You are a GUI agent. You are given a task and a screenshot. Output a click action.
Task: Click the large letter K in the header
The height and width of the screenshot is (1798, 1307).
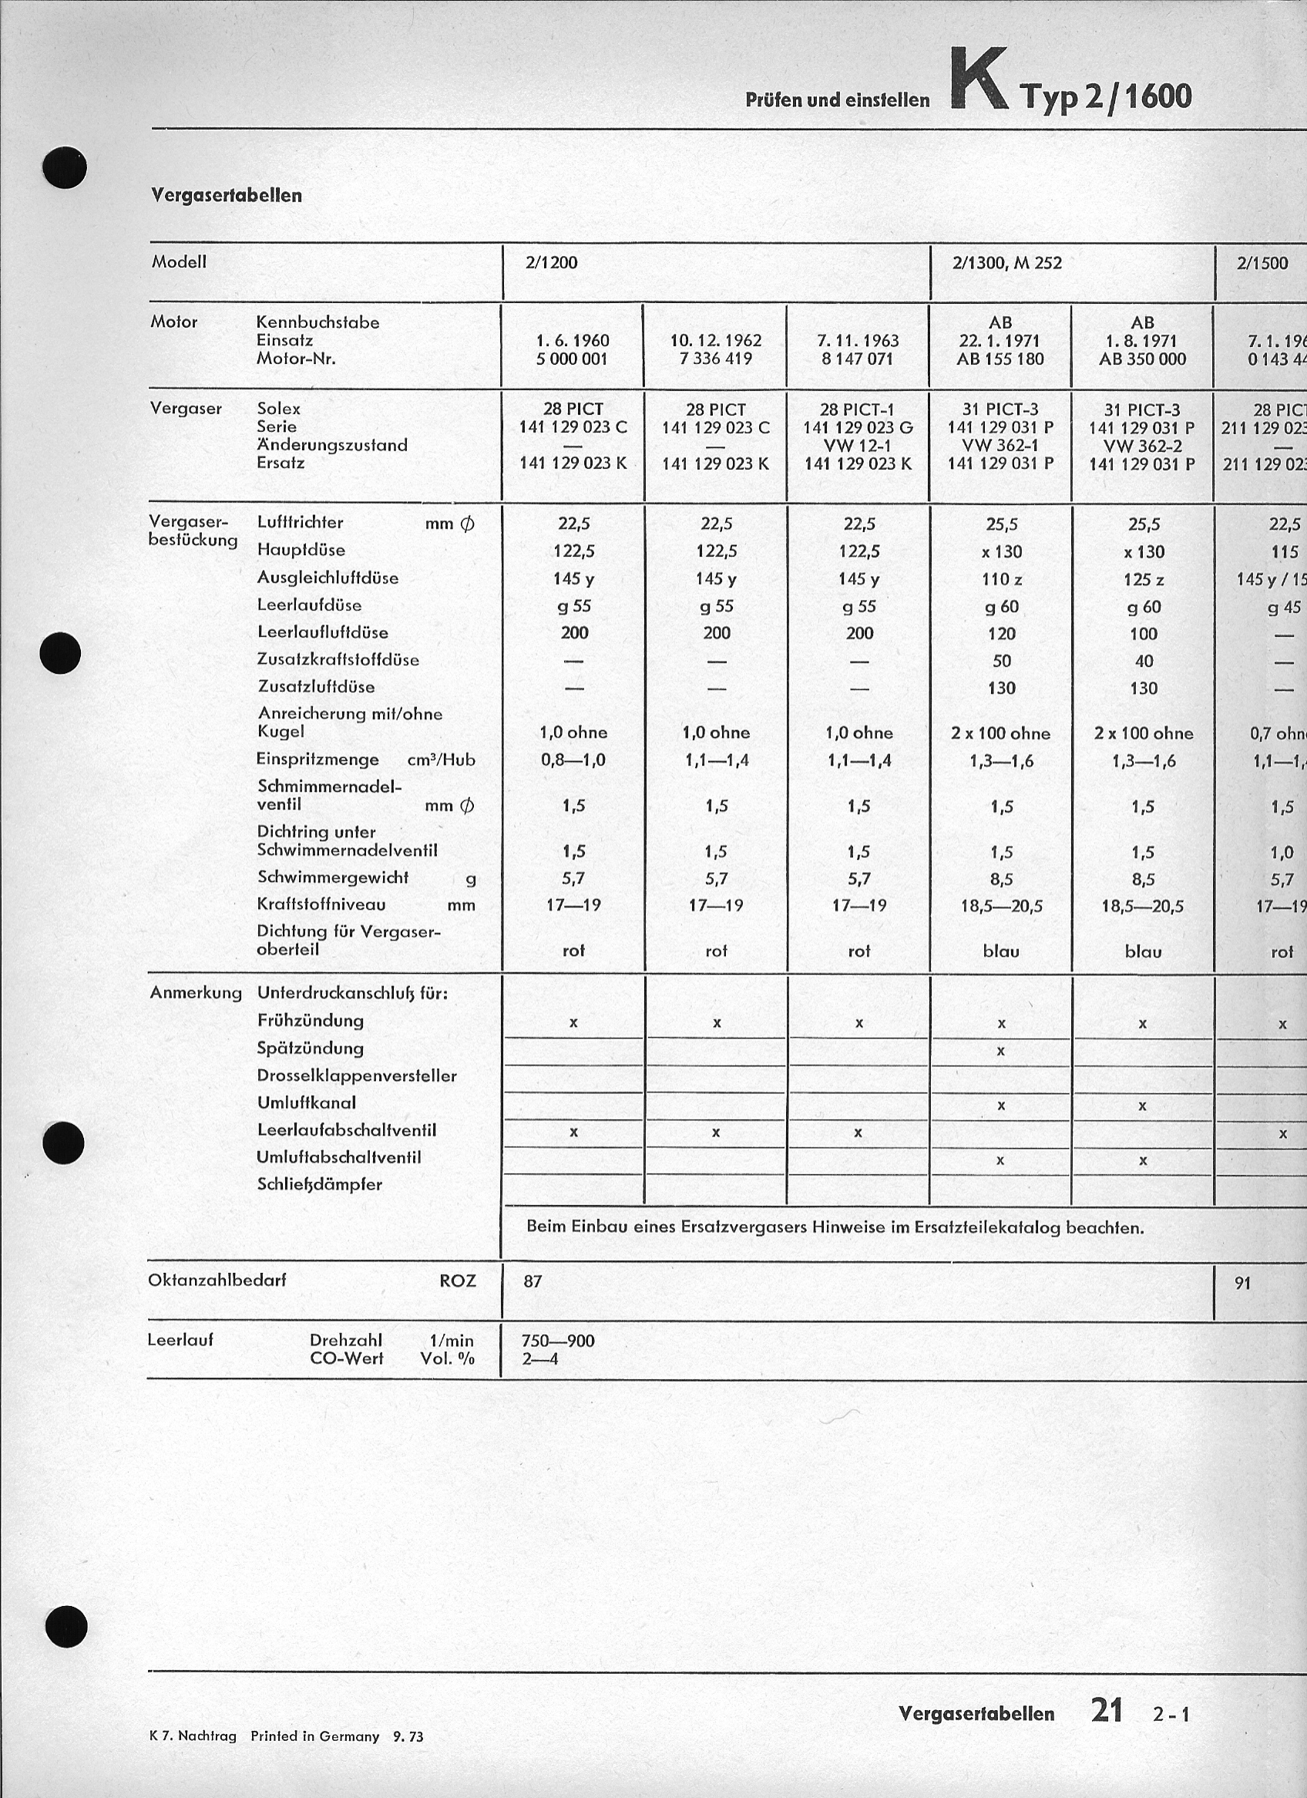click(x=978, y=80)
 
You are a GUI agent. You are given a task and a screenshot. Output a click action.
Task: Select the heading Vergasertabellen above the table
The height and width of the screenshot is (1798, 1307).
click(x=227, y=195)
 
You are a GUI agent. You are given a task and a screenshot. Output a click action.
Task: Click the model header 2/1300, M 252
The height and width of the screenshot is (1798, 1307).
click(x=1006, y=262)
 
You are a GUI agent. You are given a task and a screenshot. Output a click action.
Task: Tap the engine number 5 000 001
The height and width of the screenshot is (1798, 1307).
click(x=573, y=359)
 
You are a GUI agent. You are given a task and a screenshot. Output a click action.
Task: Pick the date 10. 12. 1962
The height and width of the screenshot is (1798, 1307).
click(x=715, y=341)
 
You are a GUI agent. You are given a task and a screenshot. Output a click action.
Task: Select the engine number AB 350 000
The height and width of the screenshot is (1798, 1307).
click(x=1142, y=359)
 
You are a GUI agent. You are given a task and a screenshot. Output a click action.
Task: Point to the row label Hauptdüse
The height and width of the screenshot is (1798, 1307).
click(x=301, y=550)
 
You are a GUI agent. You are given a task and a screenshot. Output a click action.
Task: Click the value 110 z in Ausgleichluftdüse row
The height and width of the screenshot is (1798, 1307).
click(x=1001, y=580)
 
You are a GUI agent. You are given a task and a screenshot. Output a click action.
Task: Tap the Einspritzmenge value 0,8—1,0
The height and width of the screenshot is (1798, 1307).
click(x=573, y=760)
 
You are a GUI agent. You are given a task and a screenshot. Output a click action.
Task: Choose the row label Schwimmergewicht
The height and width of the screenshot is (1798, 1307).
click(x=333, y=877)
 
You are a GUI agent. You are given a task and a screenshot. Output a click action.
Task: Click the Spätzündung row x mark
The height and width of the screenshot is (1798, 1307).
click(x=1001, y=1051)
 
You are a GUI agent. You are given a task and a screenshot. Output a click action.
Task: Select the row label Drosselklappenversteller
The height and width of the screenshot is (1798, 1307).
click(x=357, y=1076)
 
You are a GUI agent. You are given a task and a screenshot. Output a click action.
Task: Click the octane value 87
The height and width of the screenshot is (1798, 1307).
click(x=533, y=1281)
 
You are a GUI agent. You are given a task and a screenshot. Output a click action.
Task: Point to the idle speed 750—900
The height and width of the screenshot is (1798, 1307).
click(x=558, y=1341)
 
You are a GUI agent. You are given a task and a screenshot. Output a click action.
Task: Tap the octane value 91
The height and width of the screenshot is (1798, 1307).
click(x=1243, y=1282)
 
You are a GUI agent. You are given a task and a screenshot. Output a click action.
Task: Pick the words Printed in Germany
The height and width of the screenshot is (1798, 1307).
click(x=314, y=1736)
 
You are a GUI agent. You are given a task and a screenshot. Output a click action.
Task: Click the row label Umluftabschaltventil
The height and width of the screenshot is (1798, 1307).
click(x=338, y=1157)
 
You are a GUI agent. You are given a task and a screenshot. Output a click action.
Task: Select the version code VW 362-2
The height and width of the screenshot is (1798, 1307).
click(x=1142, y=446)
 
